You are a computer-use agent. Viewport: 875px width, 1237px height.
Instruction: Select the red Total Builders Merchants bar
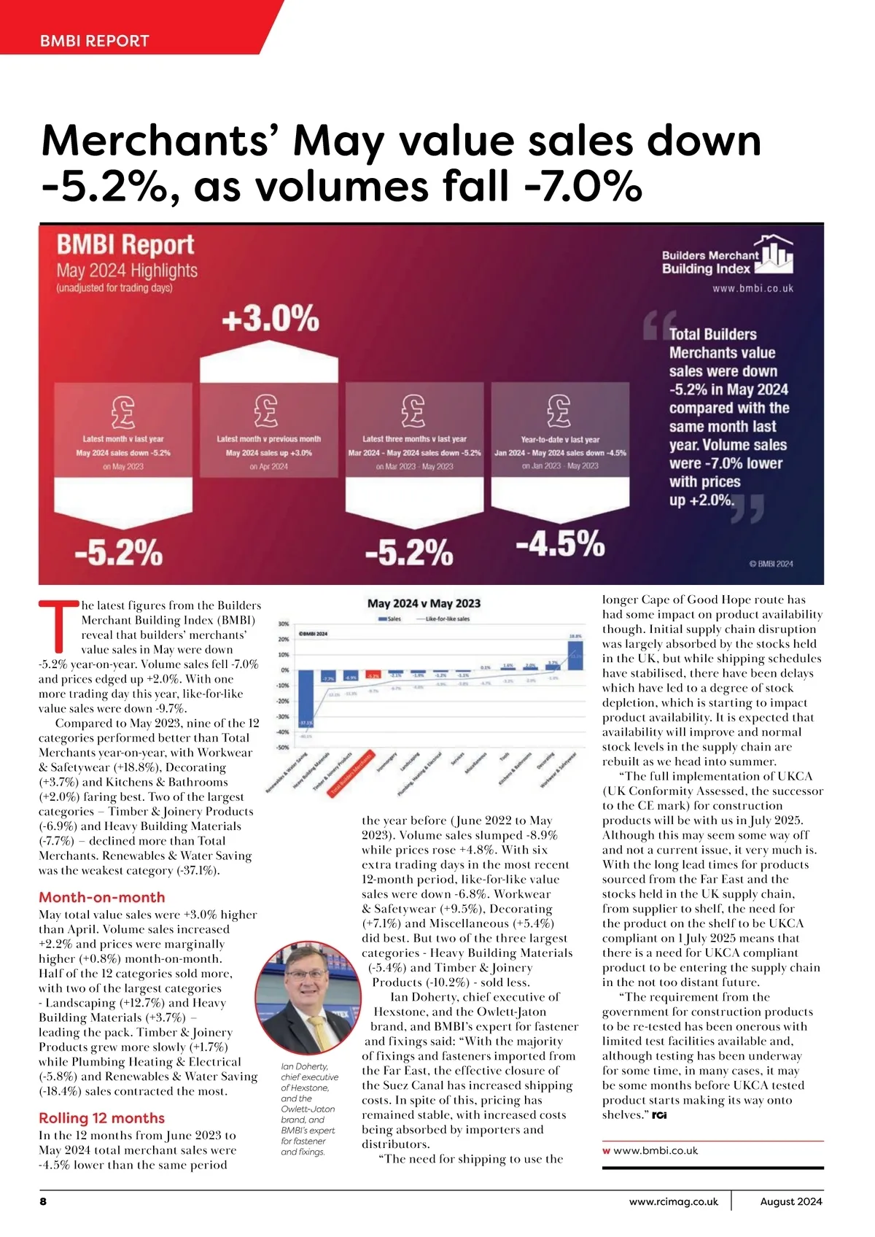pyautogui.click(x=373, y=675)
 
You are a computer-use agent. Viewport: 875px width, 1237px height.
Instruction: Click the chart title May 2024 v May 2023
pyautogui.click(x=424, y=603)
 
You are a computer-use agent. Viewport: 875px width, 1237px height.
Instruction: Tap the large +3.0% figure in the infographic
pyautogui.click(x=271, y=319)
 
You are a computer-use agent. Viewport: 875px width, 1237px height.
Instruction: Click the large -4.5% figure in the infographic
pyautogui.click(x=560, y=544)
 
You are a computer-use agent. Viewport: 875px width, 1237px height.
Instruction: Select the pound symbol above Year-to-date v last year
pyautogui.click(x=559, y=411)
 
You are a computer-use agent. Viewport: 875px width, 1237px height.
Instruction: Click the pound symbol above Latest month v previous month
pyautogui.click(x=267, y=411)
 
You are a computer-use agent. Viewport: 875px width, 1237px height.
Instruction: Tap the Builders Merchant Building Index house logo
pyautogui.click(x=775, y=255)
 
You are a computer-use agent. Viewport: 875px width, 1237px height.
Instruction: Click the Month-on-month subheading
pyautogui.click(x=102, y=897)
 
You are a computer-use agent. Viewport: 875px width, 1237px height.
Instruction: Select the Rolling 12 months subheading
pyautogui.click(x=101, y=1118)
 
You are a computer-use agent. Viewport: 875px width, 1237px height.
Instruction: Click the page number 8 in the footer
pyautogui.click(x=43, y=1201)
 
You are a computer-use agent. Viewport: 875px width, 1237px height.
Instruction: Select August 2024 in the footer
pyautogui.click(x=791, y=1201)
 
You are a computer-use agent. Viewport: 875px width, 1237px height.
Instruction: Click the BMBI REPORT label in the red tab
pyautogui.click(x=95, y=41)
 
